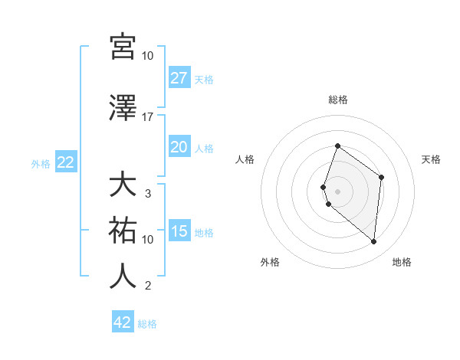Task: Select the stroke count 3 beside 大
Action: coord(147,194)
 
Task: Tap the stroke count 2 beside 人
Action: coord(147,286)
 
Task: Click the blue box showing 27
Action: coord(179,78)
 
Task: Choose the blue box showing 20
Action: coord(179,147)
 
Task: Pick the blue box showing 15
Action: coord(179,231)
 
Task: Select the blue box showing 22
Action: coord(65,162)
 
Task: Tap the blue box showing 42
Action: coord(123,322)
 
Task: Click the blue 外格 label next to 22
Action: coord(41,163)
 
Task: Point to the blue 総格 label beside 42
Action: coord(147,324)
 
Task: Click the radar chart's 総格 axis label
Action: coord(337,100)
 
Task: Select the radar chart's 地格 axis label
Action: coord(402,262)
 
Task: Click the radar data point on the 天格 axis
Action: coord(381,177)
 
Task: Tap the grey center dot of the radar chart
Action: coord(337,191)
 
